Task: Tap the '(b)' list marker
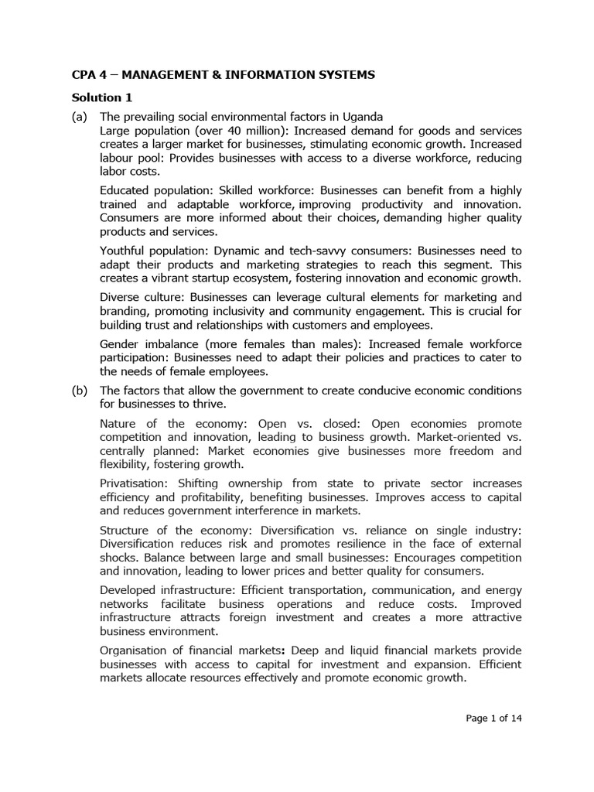pos(80,390)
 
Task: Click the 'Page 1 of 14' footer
pos(494,718)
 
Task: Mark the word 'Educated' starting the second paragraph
pos(126,190)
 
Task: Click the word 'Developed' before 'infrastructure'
pos(128,590)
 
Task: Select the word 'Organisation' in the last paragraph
pos(136,650)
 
